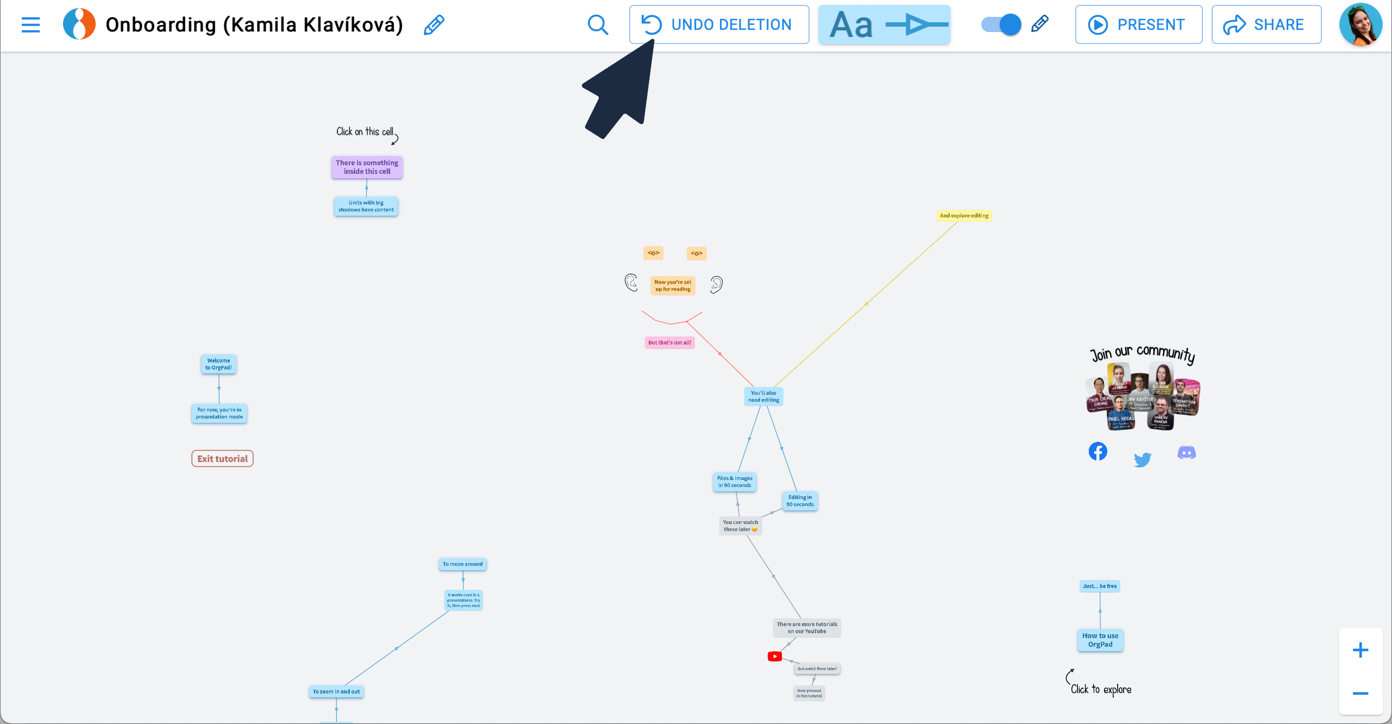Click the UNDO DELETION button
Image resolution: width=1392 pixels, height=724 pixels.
click(719, 24)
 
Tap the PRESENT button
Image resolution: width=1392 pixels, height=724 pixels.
click(1138, 24)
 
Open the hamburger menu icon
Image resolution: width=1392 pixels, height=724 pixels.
click(31, 24)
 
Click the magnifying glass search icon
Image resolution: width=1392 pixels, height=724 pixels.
click(598, 24)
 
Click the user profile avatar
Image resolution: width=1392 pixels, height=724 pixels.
click(1360, 24)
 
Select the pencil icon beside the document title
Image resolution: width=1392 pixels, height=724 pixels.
click(434, 24)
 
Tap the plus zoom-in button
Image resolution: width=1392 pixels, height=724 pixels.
click(1360, 650)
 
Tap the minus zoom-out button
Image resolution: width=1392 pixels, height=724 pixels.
click(1360, 693)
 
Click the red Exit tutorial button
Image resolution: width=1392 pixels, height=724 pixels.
click(222, 459)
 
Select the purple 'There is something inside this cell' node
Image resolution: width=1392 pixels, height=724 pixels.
click(367, 167)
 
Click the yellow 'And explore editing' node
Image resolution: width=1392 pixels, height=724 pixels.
click(964, 216)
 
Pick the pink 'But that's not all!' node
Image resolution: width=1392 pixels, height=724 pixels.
click(669, 342)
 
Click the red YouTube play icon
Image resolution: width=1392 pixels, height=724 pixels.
click(774, 657)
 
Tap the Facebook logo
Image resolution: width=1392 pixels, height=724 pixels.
click(1098, 452)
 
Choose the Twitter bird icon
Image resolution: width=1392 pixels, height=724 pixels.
click(1142, 460)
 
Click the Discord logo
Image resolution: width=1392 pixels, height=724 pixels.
click(1186, 453)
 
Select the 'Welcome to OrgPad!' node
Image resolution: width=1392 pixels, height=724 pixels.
click(218, 364)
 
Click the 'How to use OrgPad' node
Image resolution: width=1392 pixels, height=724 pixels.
click(1100, 640)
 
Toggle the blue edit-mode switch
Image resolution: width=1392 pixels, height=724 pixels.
click(1001, 24)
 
